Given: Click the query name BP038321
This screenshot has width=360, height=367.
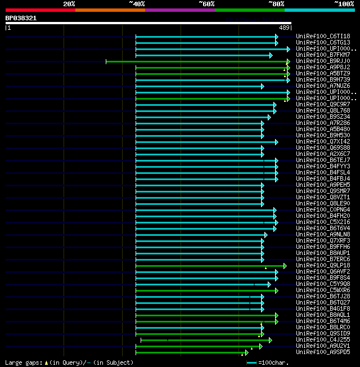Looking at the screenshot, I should [x=21, y=18].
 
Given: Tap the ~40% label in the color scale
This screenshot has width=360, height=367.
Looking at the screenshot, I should [x=137, y=4].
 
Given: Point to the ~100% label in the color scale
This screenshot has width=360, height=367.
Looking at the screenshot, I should [x=344, y=4].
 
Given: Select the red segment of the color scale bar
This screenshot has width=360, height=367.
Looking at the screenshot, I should [x=40, y=10].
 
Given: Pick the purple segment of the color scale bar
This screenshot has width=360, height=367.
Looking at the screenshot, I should [x=179, y=10].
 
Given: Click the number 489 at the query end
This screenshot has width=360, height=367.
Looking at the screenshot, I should [x=284, y=27].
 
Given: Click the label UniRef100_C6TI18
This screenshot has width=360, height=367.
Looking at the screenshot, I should [x=323, y=36].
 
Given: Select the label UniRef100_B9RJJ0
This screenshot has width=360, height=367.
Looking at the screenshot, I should [x=323, y=61].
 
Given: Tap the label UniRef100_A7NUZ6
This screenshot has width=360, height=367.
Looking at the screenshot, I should [x=323, y=86].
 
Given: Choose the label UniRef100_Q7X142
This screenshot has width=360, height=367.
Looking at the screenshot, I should [x=323, y=141].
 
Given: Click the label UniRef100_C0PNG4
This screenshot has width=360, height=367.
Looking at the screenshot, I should [x=323, y=209].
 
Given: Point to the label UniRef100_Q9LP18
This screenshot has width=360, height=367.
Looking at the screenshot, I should [x=323, y=265].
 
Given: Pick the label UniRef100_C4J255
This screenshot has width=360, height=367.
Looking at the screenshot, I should [x=323, y=339].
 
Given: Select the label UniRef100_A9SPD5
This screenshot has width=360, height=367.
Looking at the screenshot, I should [x=323, y=352].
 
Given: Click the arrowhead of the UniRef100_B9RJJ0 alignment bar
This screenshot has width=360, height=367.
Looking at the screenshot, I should [x=288, y=61].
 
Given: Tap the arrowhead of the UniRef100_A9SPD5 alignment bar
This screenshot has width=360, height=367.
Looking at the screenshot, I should [x=246, y=352].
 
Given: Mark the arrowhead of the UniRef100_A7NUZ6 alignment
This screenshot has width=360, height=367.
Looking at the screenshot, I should [x=263, y=86].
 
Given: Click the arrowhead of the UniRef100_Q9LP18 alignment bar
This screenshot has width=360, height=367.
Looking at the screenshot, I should [x=285, y=266].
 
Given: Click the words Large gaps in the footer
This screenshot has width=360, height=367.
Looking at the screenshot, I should [x=23, y=362].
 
